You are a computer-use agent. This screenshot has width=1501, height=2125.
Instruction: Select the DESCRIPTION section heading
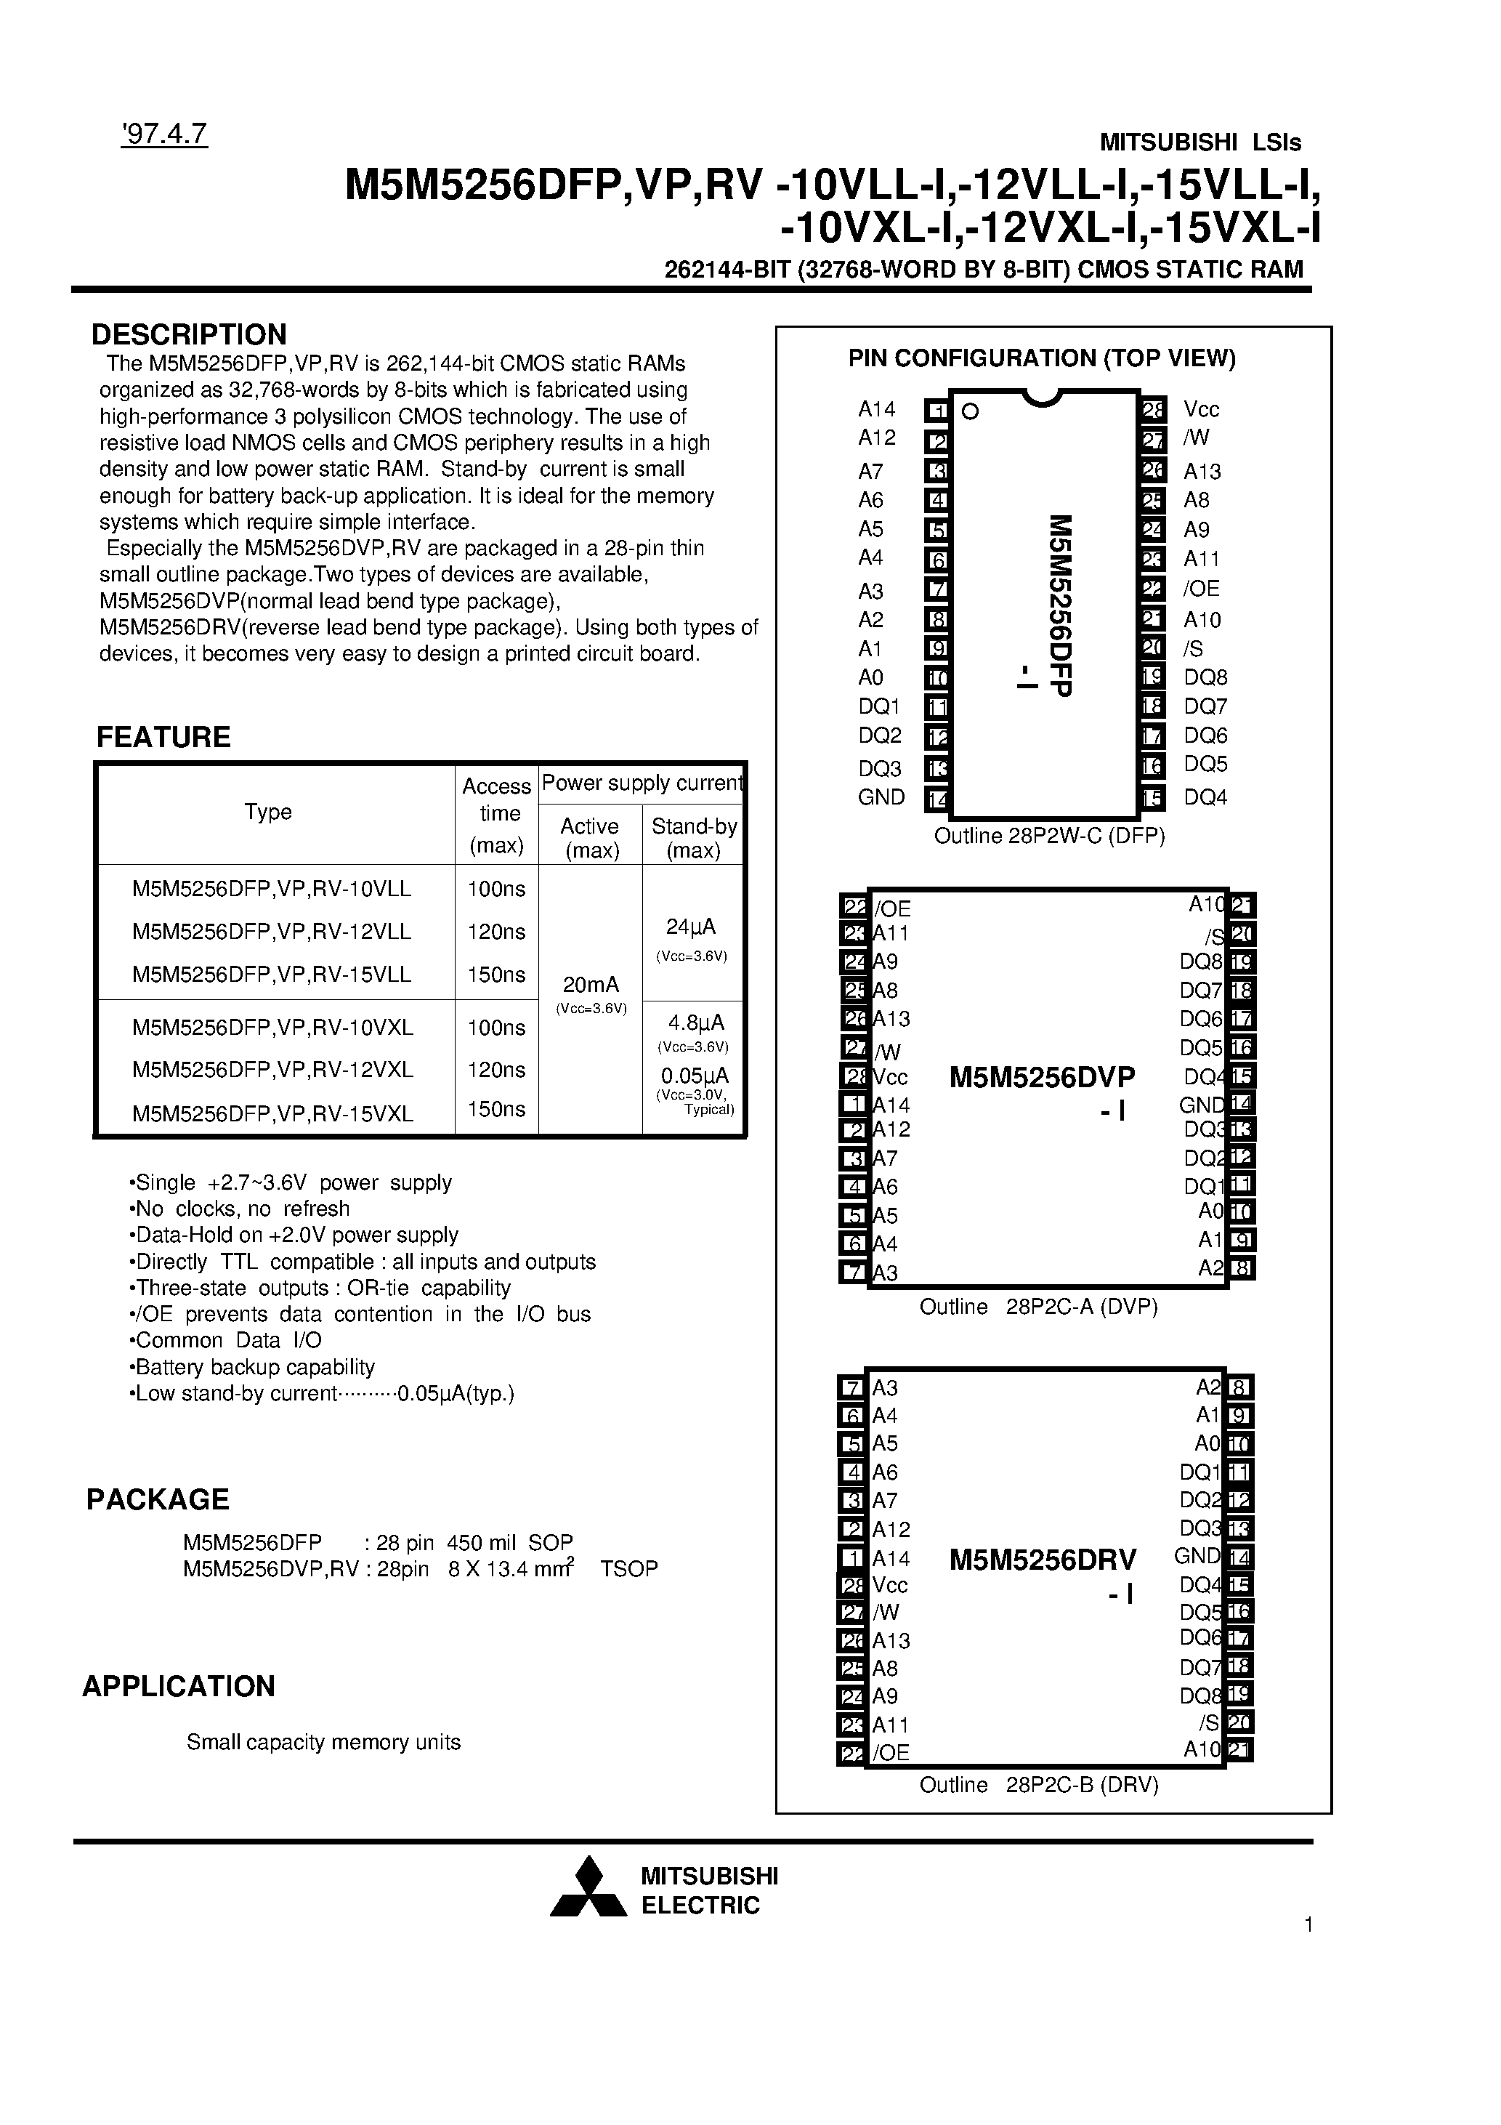pos(189,334)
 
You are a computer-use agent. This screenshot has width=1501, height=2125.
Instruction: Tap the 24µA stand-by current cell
pos(690,927)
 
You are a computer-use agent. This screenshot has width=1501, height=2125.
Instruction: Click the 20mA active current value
pos(591,984)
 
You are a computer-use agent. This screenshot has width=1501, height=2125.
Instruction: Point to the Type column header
pos(268,812)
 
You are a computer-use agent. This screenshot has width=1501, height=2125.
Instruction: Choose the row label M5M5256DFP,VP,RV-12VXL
pos(272,1069)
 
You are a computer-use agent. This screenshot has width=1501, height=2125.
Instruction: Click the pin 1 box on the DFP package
pos(937,411)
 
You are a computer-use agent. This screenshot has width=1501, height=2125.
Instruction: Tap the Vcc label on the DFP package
pos(1201,410)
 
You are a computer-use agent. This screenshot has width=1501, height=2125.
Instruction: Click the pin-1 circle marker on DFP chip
pos(970,412)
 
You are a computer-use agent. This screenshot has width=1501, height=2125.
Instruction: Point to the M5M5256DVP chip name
pos(1042,1077)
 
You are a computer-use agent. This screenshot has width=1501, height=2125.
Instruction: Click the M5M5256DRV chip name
pos(1042,1560)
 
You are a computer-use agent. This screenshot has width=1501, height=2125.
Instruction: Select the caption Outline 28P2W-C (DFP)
pos(1048,836)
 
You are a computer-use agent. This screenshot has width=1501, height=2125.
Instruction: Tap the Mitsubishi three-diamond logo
pos(588,1887)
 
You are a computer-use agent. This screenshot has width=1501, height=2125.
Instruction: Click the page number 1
pos(1308,1925)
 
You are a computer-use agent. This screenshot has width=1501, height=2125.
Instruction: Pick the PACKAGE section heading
pos(158,1499)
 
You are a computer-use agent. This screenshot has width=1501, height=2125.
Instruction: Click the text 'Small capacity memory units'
pos(323,1742)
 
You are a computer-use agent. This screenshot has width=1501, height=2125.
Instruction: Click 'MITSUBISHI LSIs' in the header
pos(1199,142)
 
